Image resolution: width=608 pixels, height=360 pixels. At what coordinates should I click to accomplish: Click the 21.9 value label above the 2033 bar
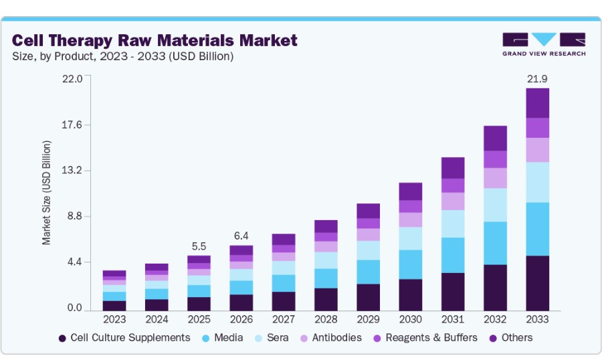[537, 79]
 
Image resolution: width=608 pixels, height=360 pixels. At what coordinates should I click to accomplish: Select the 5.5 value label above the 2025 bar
[199, 246]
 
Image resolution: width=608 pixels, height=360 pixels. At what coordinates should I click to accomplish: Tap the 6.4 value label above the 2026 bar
[241, 236]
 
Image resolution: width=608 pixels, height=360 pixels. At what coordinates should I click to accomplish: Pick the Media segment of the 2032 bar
[495, 243]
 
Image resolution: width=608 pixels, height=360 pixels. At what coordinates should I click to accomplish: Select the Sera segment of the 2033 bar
[537, 182]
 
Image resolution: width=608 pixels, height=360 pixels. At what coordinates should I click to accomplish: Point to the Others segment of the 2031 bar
[453, 168]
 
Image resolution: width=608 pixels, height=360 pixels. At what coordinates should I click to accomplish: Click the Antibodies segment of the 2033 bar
[537, 150]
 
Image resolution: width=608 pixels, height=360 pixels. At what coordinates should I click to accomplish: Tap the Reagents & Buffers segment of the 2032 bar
[495, 159]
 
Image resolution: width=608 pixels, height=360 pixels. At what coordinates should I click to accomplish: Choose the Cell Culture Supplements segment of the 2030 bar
[410, 294]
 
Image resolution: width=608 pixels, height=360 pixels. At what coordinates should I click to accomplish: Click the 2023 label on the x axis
[114, 321]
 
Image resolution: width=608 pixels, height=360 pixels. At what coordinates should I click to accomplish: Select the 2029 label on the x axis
[368, 321]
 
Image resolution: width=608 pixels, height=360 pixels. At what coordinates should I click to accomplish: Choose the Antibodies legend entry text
[336, 338]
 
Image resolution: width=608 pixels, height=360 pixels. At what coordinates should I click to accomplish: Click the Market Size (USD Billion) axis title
[46, 193]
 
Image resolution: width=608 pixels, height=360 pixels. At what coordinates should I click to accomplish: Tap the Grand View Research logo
[544, 44]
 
